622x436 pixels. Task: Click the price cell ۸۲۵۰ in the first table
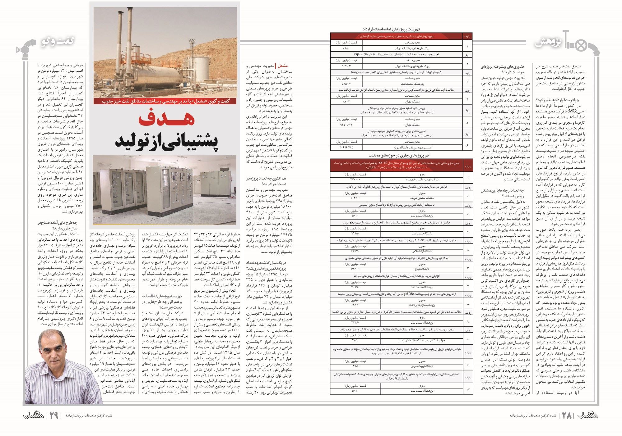346,48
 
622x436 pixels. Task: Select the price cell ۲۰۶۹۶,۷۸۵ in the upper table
346,148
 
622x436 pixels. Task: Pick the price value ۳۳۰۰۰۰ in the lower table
355,179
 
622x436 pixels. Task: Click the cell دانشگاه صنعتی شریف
421,198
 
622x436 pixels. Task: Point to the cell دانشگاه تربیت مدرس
421,366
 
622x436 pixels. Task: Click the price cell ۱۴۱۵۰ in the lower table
355,366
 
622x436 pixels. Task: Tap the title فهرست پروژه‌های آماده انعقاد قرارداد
401,29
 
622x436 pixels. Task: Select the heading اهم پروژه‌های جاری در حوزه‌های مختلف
401,155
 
